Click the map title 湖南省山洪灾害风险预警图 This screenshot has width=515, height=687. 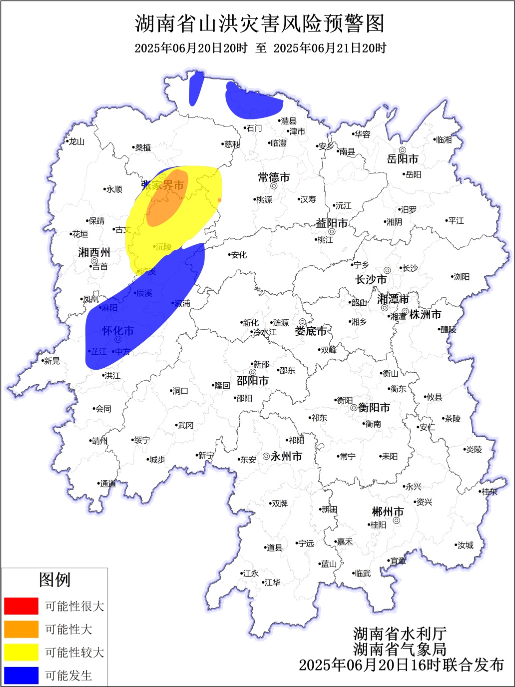(x=260, y=23)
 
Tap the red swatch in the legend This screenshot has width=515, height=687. (x=21, y=606)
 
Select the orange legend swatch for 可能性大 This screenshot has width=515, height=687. (x=21, y=629)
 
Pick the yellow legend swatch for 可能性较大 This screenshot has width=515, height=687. (x=21, y=652)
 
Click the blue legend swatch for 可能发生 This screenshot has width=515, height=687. (x=21, y=676)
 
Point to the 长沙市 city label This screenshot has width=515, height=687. (x=371, y=280)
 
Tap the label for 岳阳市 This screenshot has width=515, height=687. (x=402, y=159)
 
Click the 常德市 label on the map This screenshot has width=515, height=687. (x=274, y=177)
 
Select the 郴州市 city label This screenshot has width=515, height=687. (x=388, y=512)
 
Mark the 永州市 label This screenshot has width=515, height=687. (x=286, y=456)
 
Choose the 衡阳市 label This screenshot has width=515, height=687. (x=374, y=408)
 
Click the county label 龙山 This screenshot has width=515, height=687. (x=76, y=141)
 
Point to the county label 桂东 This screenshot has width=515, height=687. (x=490, y=492)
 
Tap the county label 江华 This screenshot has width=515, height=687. (x=272, y=582)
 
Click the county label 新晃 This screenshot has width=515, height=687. (x=51, y=361)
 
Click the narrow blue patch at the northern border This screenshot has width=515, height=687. (x=195, y=88)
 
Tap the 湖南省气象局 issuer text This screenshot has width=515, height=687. (x=400, y=649)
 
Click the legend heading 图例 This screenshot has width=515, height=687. (x=54, y=580)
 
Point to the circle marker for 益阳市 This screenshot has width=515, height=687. (x=332, y=231)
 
